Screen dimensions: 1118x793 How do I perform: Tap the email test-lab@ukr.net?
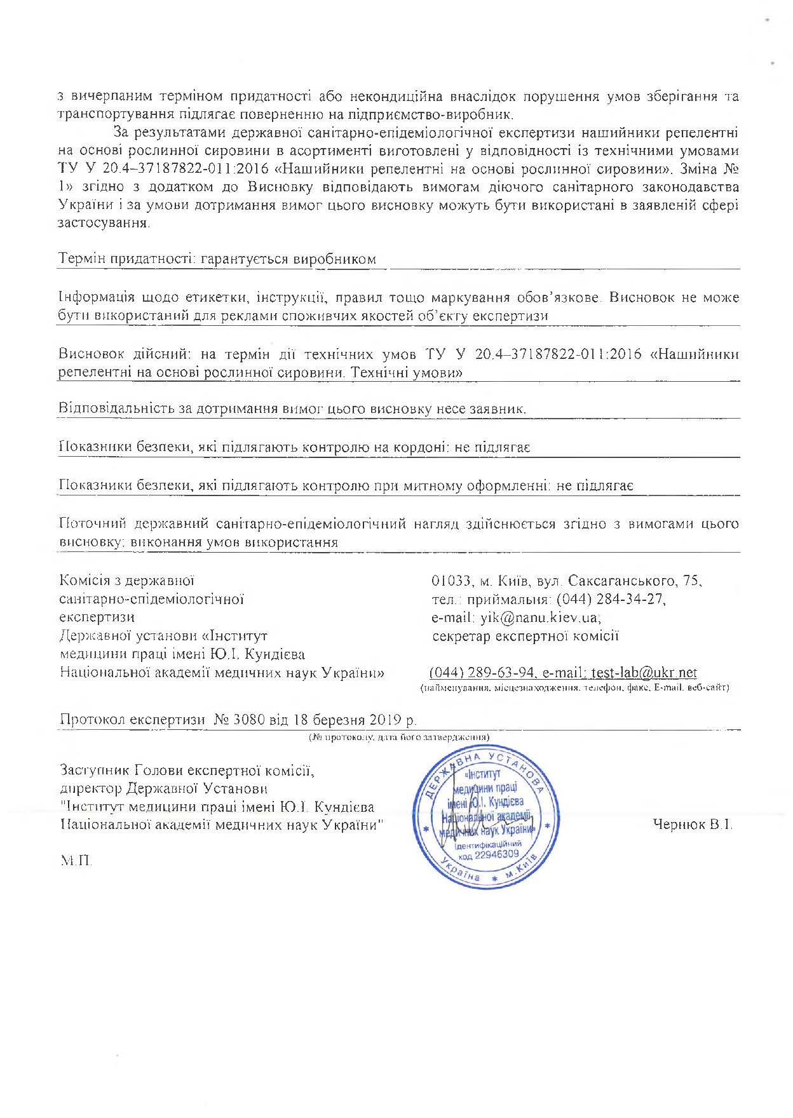coord(644,673)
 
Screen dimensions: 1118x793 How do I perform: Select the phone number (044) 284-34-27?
coord(611,599)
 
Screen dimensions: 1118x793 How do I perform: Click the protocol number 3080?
coord(249,720)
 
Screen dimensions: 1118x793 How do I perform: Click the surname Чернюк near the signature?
coord(679,825)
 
